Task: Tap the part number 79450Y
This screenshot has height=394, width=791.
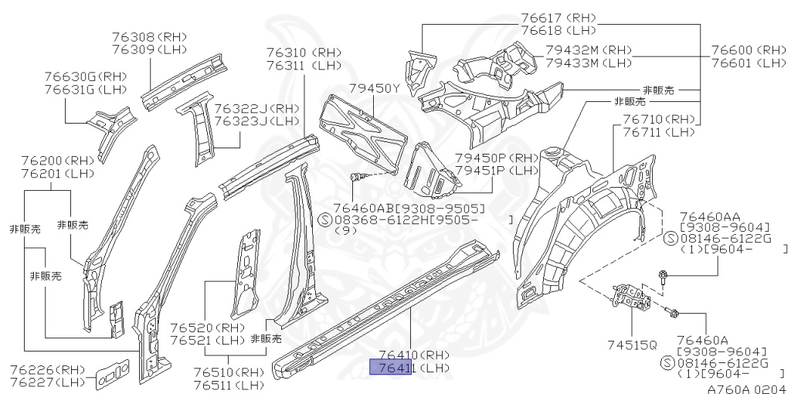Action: coord(374,89)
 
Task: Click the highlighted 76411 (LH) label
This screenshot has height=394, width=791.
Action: coord(409,368)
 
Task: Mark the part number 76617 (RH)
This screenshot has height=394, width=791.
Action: coord(555,18)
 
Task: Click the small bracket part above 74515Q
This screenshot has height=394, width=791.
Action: coord(633,297)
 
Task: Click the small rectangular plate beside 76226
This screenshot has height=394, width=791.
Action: coord(112,373)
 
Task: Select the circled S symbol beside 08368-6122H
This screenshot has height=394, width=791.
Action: coord(325,219)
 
